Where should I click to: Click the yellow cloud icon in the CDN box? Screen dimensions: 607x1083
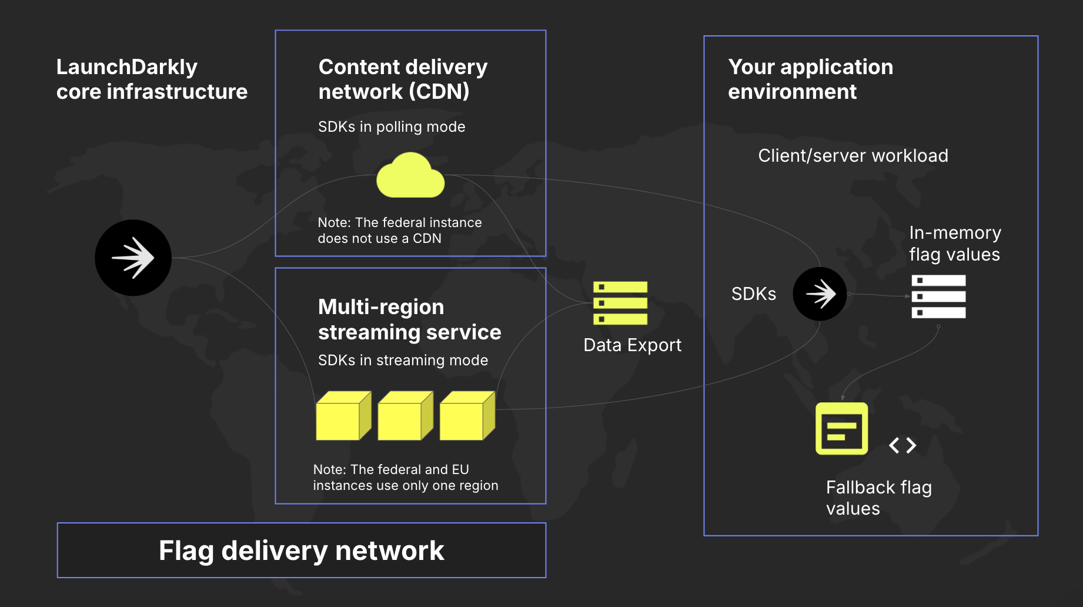[x=410, y=176]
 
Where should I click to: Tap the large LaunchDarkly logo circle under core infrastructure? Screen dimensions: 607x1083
[x=133, y=258]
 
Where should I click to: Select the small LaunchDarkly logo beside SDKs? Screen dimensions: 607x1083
[x=820, y=294]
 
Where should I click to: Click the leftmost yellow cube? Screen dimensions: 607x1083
[x=343, y=416]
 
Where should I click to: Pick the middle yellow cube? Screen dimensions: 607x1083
[x=405, y=416]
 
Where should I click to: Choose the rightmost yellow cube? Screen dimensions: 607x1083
[x=467, y=416]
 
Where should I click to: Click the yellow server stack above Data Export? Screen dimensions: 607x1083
[x=620, y=303]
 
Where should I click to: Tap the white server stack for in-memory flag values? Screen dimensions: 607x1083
[x=938, y=296]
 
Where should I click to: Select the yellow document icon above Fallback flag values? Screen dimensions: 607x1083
[x=841, y=429]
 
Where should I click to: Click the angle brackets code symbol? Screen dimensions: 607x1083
[x=903, y=445]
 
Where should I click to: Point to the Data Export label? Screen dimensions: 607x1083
[x=632, y=345]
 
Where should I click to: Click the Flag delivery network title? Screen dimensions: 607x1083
[x=301, y=551]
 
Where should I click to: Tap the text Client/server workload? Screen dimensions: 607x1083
[x=853, y=156]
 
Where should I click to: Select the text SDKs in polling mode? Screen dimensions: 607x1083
[x=392, y=127]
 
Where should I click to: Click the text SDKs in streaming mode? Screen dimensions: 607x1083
[x=403, y=361]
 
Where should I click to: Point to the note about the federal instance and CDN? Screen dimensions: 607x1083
[x=399, y=231]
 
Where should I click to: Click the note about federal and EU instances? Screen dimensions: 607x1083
[x=405, y=478]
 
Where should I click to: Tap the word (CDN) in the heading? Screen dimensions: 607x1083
[x=439, y=92]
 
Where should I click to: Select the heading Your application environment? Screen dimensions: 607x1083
[x=810, y=79]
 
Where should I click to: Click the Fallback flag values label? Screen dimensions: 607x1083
[x=878, y=498]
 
